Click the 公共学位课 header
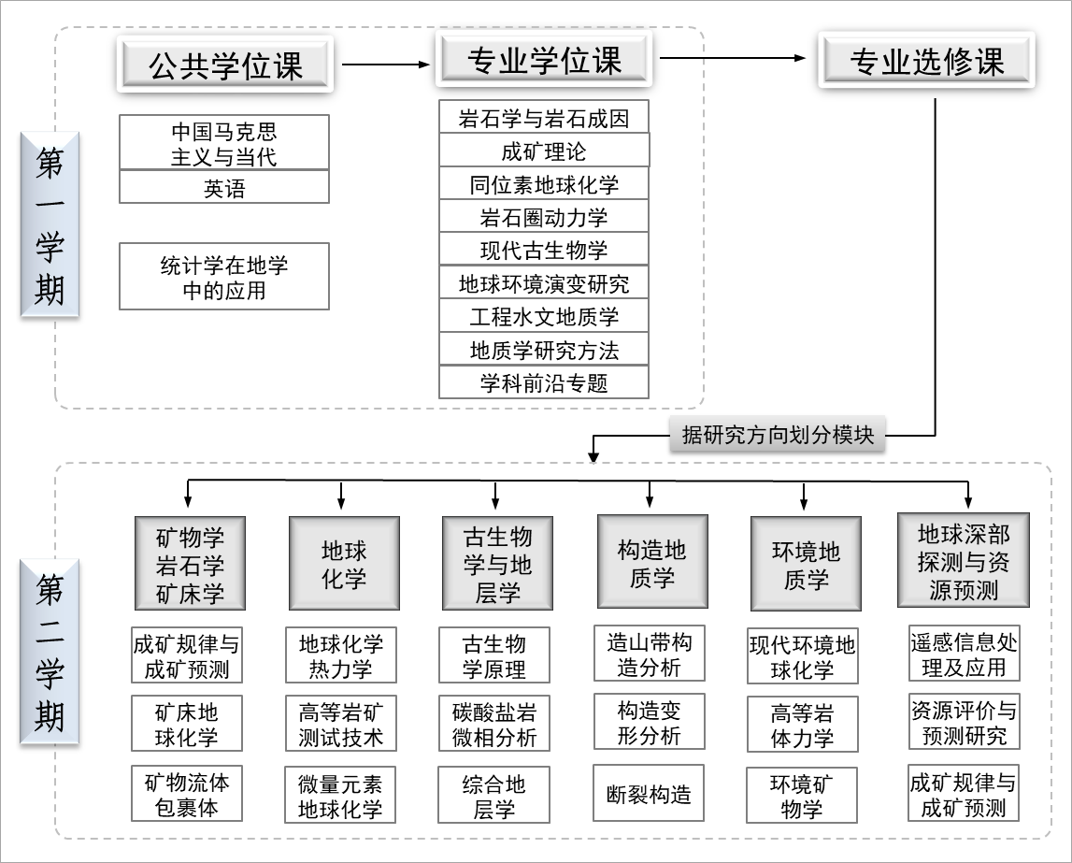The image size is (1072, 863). coord(224,65)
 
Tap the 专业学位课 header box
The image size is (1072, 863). coord(544,60)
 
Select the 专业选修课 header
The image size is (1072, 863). coord(926,61)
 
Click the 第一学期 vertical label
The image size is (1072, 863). coord(50,224)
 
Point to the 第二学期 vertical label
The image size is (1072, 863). coord(50,652)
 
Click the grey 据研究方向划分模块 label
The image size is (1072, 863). coord(777,435)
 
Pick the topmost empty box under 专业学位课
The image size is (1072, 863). coord(544,116)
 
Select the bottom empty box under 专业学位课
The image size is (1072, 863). coord(544,381)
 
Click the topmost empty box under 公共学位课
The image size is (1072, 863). coord(224,142)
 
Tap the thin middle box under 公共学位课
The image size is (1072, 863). coord(224,186)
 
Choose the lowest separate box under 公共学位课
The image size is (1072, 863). coord(224,276)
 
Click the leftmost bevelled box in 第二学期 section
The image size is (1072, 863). coord(190,563)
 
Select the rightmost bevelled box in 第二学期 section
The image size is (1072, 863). coord(963,560)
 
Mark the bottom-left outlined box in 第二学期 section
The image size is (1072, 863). coord(187,793)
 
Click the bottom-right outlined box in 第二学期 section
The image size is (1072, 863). coord(964,792)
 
